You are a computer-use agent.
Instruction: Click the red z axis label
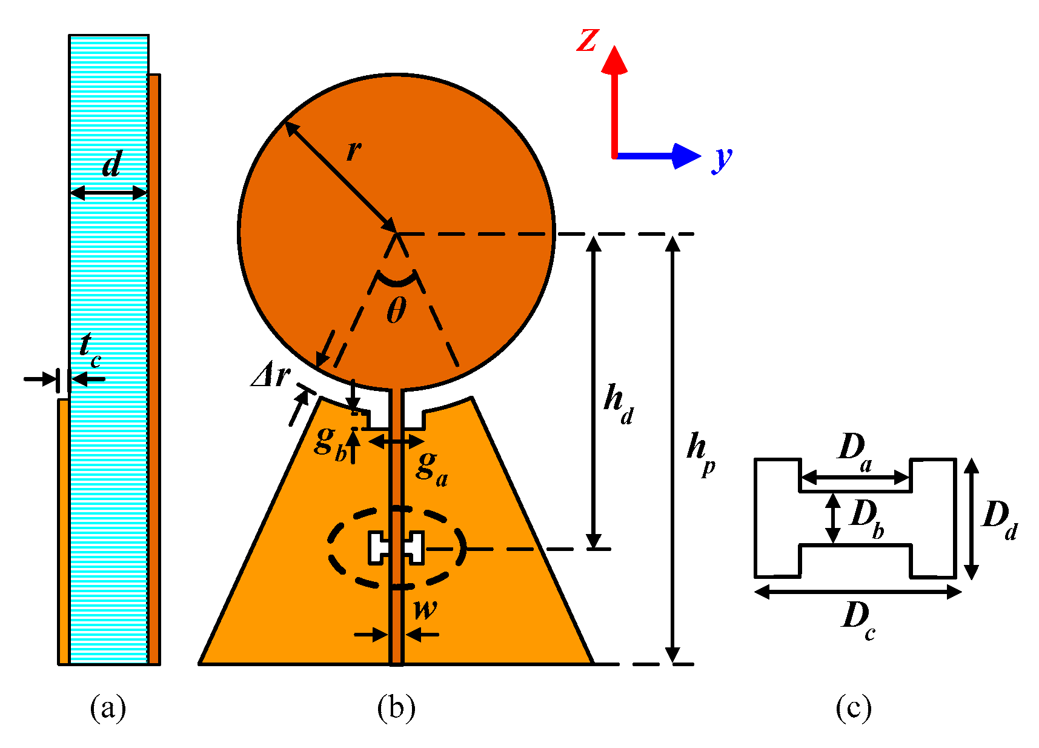point(587,41)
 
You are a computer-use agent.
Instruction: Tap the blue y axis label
point(722,159)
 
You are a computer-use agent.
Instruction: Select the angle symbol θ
point(396,312)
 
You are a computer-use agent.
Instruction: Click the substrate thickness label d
point(112,164)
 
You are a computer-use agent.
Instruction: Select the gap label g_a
point(432,468)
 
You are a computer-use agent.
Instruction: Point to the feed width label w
point(425,608)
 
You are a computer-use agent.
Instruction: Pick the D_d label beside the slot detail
point(999,518)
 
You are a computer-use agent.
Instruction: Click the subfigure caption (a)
point(108,707)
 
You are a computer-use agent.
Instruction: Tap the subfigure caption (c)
point(854,707)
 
